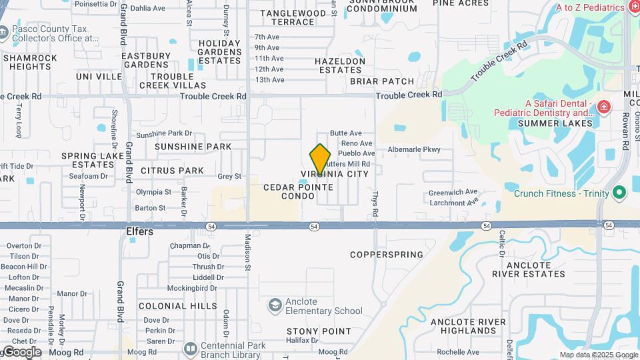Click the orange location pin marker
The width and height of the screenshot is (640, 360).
(x=320, y=160)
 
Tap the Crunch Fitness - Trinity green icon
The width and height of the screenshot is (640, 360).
(x=619, y=193)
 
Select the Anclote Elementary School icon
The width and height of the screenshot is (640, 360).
(x=274, y=306)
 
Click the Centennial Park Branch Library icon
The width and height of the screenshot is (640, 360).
(x=190, y=349)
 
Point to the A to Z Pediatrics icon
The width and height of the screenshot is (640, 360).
(x=635, y=8)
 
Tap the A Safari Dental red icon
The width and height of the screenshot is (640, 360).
(x=603, y=107)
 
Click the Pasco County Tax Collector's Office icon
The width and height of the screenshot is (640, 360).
(x=4, y=32)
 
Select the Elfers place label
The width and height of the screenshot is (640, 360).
(x=140, y=232)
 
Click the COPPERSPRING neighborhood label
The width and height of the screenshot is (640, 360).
(x=387, y=255)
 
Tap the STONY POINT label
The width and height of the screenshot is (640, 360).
(x=319, y=331)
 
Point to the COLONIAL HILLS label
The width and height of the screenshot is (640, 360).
(x=177, y=306)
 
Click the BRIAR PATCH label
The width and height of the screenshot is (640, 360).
(x=382, y=81)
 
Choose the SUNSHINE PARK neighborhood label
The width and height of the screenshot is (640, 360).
(x=193, y=147)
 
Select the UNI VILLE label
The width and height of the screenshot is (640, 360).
(x=99, y=77)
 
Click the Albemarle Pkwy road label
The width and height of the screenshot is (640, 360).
(x=414, y=149)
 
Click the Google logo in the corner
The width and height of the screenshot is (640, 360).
(x=21, y=352)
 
